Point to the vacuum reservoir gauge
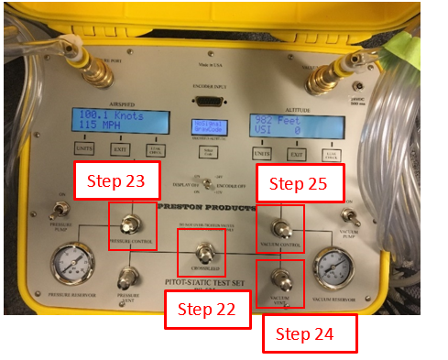[333, 266]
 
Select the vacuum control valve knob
[280, 226]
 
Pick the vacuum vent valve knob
[280, 273]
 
